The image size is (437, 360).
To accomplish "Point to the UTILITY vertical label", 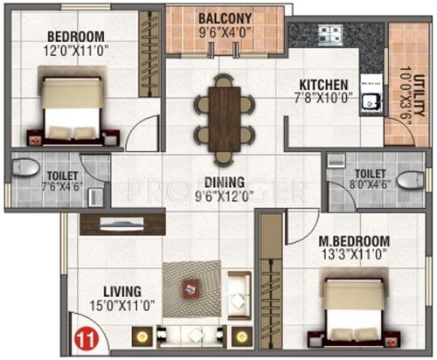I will pos(404,87).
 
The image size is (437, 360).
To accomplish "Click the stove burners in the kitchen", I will pos(332,36).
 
